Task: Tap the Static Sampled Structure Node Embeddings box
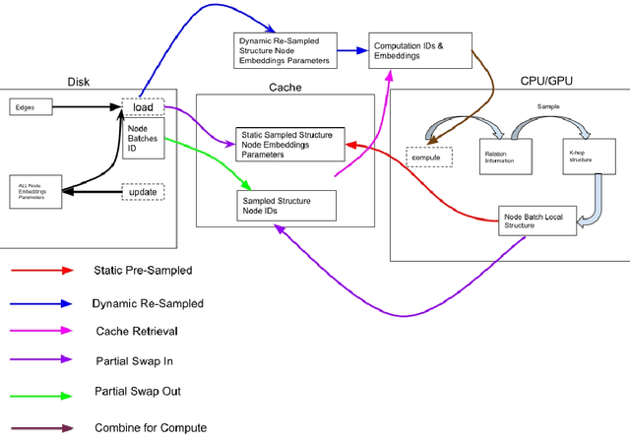click(x=288, y=145)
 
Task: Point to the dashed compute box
click(x=429, y=157)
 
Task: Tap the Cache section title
click(x=285, y=87)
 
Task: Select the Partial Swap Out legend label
click(x=137, y=391)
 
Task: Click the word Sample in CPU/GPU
click(x=548, y=104)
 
